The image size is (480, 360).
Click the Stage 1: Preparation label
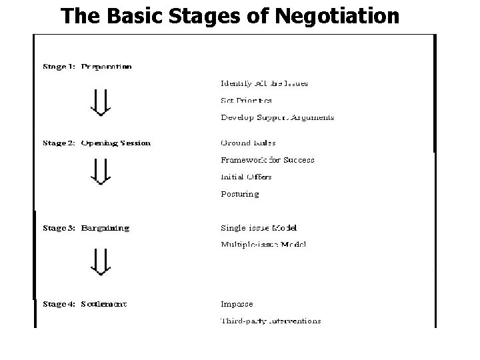[x=87, y=67]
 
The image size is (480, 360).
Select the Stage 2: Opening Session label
[x=97, y=143]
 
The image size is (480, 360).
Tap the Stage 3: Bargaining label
[x=86, y=228]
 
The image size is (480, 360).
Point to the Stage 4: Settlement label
[x=85, y=304]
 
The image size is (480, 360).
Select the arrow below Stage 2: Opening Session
[x=100, y=171]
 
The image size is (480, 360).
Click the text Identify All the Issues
[x=264, y=83]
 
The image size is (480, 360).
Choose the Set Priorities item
[x=246, y=101]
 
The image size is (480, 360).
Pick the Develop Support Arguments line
[x=277, y=117]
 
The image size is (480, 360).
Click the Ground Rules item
[x=248, y=143]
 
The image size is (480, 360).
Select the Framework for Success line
[x=267, y=160]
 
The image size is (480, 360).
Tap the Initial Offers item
[x=246, y=177]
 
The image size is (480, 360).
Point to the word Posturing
[x=239, y=194]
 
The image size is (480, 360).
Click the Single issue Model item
[x=259, y=228]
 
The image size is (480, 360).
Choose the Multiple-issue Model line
[x=263, y=245]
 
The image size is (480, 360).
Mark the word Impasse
[x=237, y=304]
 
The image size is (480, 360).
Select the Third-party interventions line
[x=271, y=321]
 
